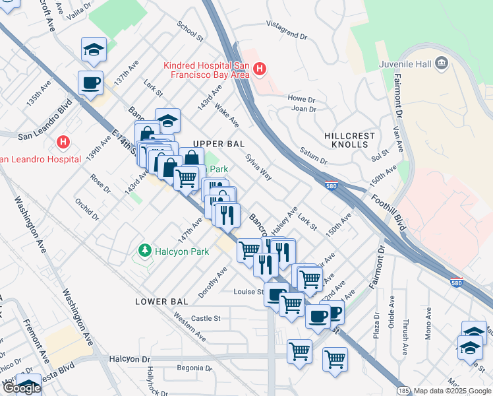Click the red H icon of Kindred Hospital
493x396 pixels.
coord(260,69)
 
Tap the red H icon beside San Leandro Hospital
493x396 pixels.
coord(63,142)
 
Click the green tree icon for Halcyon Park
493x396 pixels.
coord(144,251)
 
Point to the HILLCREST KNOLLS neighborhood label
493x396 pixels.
coord(349,140)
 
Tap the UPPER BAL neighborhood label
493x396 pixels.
coord(219,144)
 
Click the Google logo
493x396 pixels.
coord(21,387)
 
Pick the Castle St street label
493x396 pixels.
coord(206,318)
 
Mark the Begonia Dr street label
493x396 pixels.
coord(184,368)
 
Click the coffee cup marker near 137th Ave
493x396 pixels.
coord(90,83)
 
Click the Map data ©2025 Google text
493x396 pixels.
coord(451,391)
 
